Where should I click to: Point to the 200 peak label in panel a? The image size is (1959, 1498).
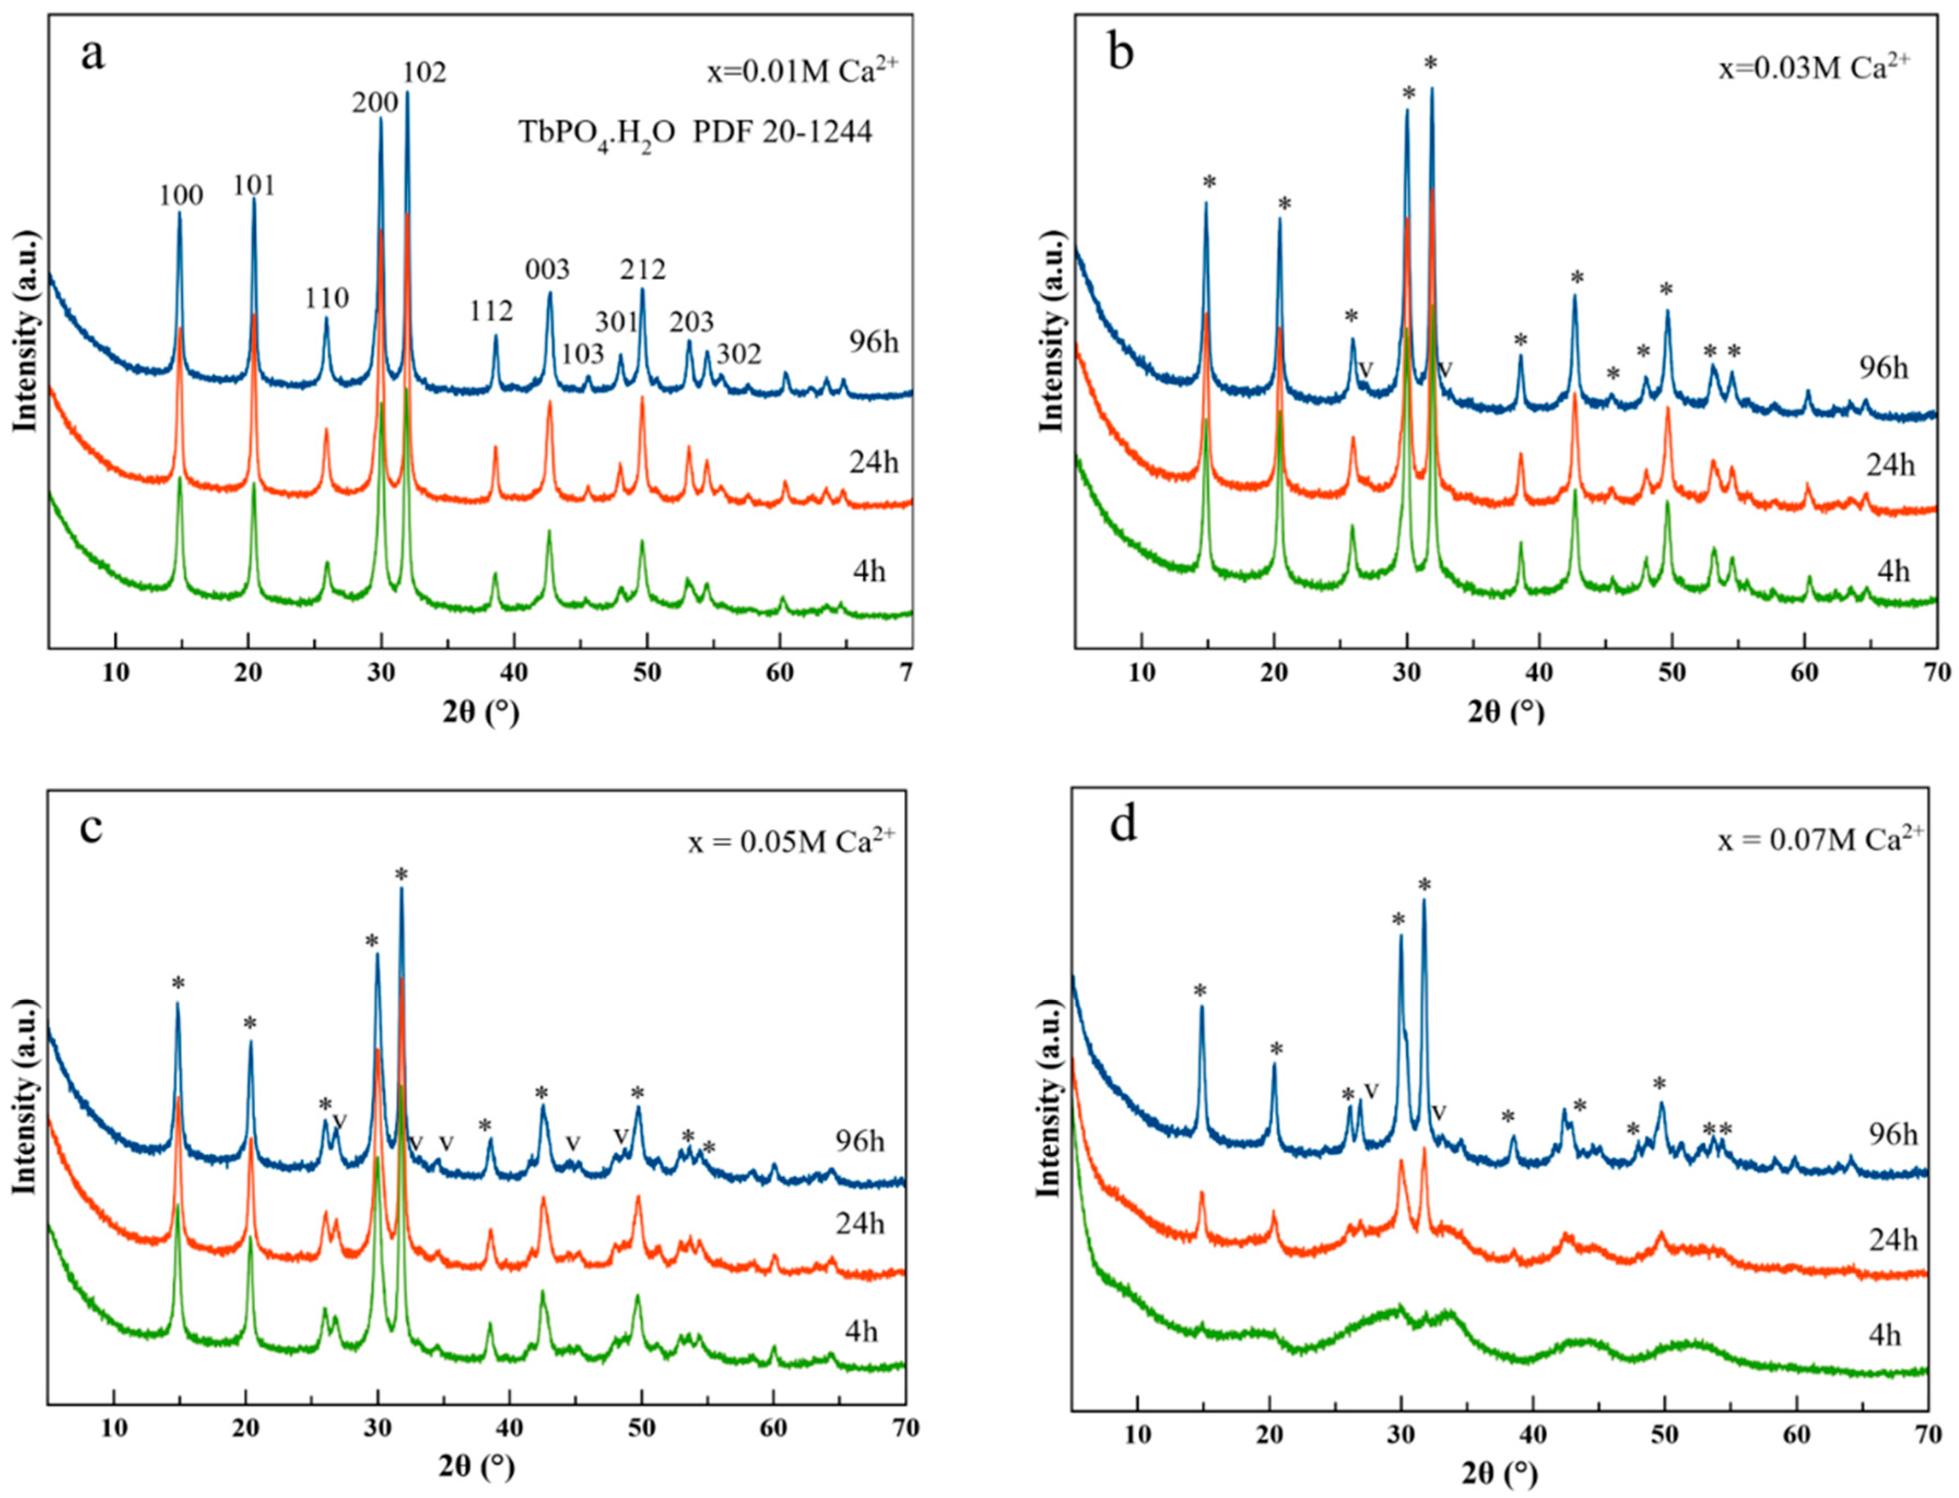pyautogui.click(x=374, y=103)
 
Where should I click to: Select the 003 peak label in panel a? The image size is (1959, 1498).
pyautogui.click(x=546, y=268)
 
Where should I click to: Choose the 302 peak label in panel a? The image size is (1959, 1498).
pyautogui.click(x=739, y=354)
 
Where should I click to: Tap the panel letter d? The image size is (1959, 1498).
pyautogui.click(x=1122, y=825)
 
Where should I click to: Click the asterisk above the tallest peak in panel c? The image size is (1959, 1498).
pyautogui.click(x=401, y=874)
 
